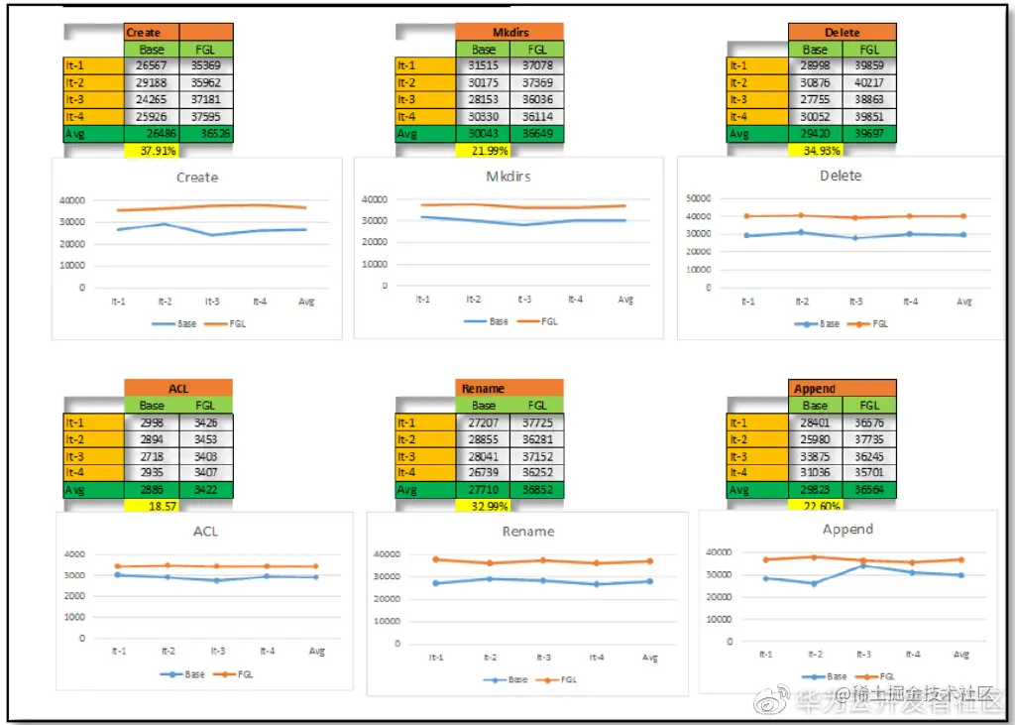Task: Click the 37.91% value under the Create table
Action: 152,152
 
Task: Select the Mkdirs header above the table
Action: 509,32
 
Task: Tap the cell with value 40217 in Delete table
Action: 869,82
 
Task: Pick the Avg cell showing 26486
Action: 152,134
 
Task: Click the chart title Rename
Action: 528,532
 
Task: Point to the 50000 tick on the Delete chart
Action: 699,197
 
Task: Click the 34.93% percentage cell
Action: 815,151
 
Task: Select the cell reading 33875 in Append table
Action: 815,456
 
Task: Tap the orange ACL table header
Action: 178,388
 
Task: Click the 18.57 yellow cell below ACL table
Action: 152,506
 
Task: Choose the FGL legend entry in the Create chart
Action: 237,324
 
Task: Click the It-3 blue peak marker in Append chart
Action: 863,564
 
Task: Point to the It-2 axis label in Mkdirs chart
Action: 474,300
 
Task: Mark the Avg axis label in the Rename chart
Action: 650,658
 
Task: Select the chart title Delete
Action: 841,176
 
